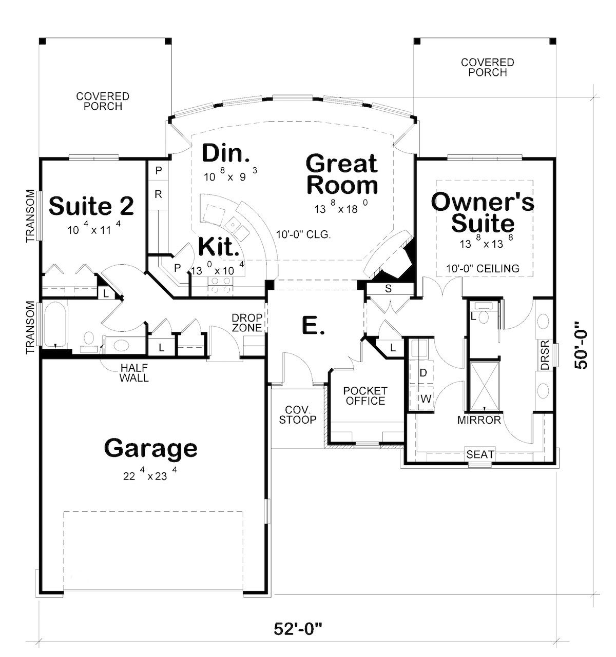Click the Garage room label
(x=150, y=448)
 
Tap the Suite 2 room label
(x=91, y=206)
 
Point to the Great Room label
(x=341, y=174)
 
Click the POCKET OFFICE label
(x=365, y=396)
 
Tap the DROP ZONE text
(x=247, y=323)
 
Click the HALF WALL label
(x=134, y=373)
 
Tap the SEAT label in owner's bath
(x=480, y=454)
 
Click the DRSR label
(x=544, y=355)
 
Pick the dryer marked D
(x=423, y=373)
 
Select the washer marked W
(x=425, y=399)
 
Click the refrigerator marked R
(x=158, y=194)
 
